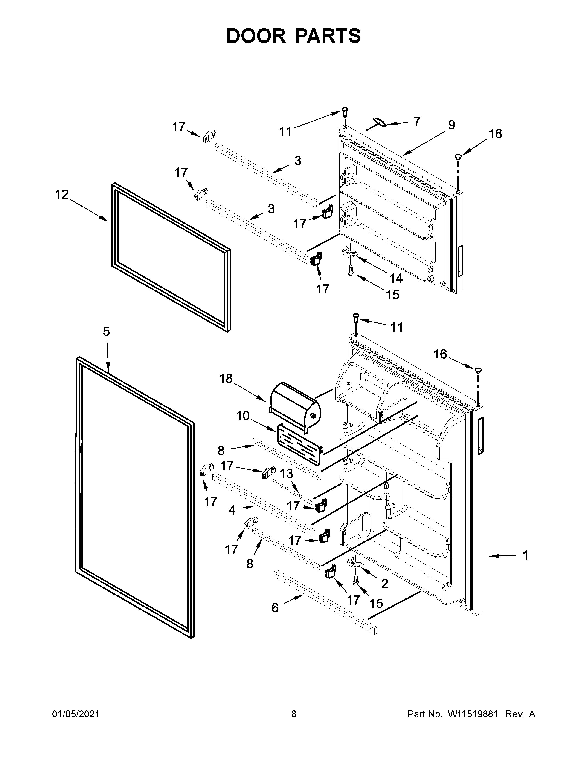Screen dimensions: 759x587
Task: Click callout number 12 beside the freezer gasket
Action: pyautogui.click(x=62, y=194)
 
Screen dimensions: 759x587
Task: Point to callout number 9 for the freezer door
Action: pyautogui.click(x=451, y=125)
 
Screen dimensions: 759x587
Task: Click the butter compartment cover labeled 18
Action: pyautogui.click(x=296, y=405)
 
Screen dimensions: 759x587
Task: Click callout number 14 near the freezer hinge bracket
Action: pyautogui.click(x=396, y=278)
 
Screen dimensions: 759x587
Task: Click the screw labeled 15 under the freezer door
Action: pyautogui.click(x=351, y=271)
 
